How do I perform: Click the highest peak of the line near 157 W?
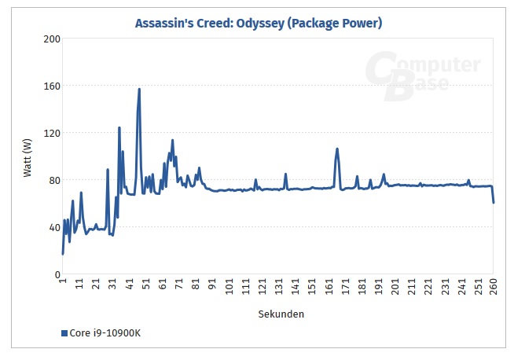click(x=139, y=89)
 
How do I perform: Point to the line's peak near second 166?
click(x=337, y=149)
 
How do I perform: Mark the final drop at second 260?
click(x=494, y=203)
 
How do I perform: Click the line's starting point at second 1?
click(x=63, y=254)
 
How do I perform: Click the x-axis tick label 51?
click(x=146, y=285)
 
